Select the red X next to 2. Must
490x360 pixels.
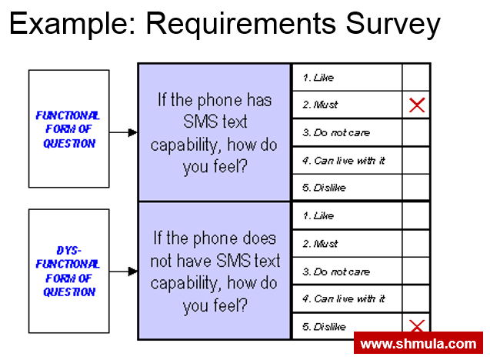[x=416, y=105]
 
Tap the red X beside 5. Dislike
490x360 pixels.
[x=416, y=326]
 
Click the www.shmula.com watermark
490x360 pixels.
[x=418, y=344]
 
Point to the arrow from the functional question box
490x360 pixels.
[x=123, y=132]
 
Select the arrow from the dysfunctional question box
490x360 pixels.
[x=123, y=271]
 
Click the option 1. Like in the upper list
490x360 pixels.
[x=318, y=78]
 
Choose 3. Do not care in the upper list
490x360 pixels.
[x=335, y=133]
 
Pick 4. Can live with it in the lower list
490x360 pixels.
[x=343, y=298]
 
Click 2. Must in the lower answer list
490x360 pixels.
[x=320, y=244]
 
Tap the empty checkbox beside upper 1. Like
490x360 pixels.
[x=416, y=78]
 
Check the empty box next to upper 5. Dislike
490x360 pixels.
[x=416, y=188]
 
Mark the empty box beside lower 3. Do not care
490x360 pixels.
[x=416, y=272]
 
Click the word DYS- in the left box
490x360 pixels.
[x=68, y=251]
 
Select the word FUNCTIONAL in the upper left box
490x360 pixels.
[x=67, y=115]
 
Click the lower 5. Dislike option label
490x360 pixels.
[x=324, y=327]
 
